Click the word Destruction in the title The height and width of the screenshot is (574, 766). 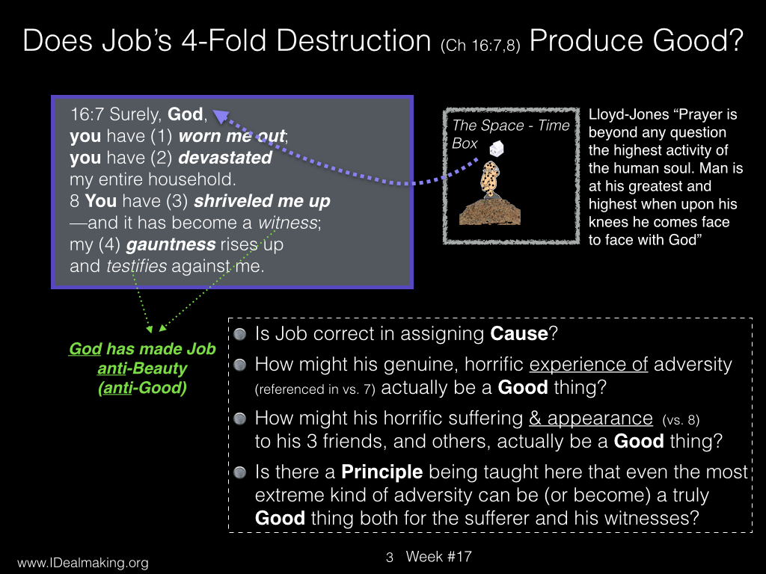pos(353,40)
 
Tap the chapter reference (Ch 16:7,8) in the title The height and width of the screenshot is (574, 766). pos(480,46)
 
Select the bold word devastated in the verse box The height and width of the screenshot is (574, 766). pos(225,158)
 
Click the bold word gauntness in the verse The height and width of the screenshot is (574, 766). pos(171,244)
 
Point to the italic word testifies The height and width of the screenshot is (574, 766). pos(137,266)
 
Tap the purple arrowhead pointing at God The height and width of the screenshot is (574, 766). pos(221,116)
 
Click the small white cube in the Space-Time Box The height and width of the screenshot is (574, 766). pos(497,149)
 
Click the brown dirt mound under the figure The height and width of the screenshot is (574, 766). pos(490,212)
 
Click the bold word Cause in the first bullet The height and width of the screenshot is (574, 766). pos(519,334)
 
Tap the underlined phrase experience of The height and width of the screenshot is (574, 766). pos(588,365)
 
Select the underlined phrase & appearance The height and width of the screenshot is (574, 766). pos(591,419)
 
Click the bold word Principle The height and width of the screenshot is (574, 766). pos(382,472)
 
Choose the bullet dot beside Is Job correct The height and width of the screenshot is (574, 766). pos(240,334)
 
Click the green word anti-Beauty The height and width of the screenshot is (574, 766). pos(142,368)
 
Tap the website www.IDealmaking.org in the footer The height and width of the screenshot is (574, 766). pos(83,563)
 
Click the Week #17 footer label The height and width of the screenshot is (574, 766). pos(438,557)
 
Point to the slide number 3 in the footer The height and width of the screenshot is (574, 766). pos(389,558)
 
